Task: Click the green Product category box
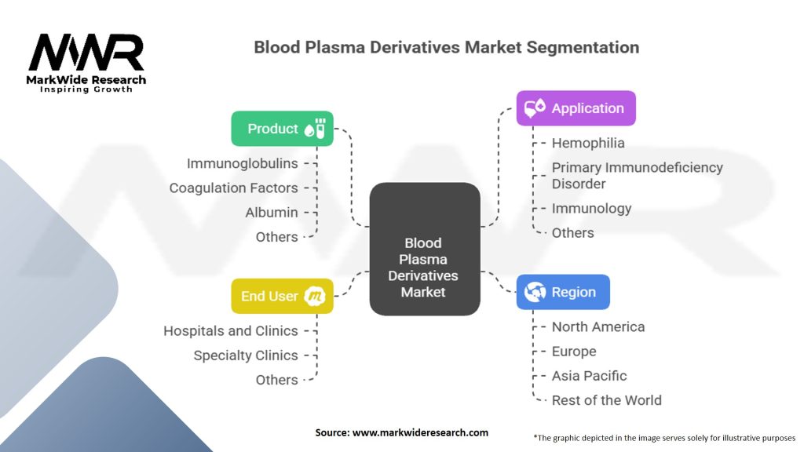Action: [282, 129]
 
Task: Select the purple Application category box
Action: [576, 108]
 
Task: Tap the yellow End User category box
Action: [282, 296]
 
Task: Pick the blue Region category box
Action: [562, 292]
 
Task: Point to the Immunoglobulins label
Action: [243, 163]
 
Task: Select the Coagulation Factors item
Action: [234, 188]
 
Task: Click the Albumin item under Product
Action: [272, 212]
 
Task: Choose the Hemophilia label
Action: [588, 143]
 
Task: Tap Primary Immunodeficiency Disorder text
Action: [637, 175]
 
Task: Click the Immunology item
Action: [591, 208]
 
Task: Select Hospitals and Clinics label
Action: [231, 330]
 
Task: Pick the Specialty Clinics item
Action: [246, 355]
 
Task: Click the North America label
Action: [598, 326]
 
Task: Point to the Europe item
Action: [574, 351]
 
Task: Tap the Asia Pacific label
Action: [589, 375]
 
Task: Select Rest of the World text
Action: [606, 399]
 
